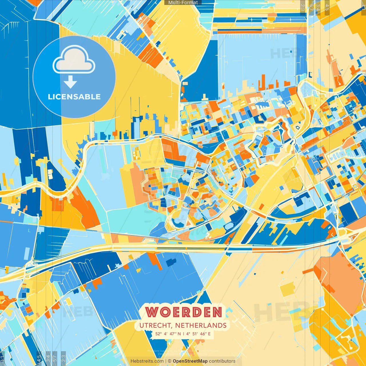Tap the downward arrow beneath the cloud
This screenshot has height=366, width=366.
pos(70,82)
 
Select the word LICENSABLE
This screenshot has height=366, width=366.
pos(74,97)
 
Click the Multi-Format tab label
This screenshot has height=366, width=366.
pos(183,3)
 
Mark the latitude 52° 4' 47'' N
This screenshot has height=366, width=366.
pos(168,334)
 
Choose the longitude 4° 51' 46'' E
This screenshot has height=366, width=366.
pos(198,334)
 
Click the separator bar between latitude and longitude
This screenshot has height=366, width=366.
pos(183,334)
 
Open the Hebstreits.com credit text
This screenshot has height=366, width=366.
pos(147,361)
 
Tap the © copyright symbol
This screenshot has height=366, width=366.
pos(169,361)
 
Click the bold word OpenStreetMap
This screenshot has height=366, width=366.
pos(190,361)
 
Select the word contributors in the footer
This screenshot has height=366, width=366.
pos(222,361)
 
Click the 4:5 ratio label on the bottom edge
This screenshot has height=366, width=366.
pos(39,358)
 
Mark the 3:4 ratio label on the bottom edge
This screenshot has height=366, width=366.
pos(48,358)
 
